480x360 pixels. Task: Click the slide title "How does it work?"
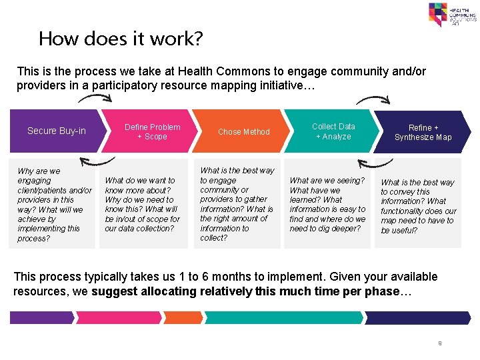pyautogui.click(x=120, y=39)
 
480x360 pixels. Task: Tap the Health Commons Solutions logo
pyautogui.click(x=452, y=14)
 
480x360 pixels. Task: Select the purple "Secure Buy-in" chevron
pyautogui.click(x=57, y=131)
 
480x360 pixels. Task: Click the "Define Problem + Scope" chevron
pyautogui.click(x=153, y=131)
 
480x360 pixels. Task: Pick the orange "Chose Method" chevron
pyautogui.click(x=244, y=131)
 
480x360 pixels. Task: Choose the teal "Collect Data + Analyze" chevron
pyautogui.click(x=333, y=131)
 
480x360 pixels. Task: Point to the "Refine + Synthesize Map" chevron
pyautogui.click(x=423, y=132)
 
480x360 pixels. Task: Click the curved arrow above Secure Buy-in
pyautogui.click(x=95, y=99)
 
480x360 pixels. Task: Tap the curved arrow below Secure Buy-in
pyautogui.click(x=97, y=161)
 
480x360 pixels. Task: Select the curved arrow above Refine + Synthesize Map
pyautogui.click(x=373, y=99)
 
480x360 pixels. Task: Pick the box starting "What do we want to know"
pyautogui.click(x=143, y=204)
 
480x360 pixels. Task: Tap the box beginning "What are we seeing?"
pyautogui.click(x=327, y=204)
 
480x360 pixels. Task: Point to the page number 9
pyautogui.click(x=440, y=343)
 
